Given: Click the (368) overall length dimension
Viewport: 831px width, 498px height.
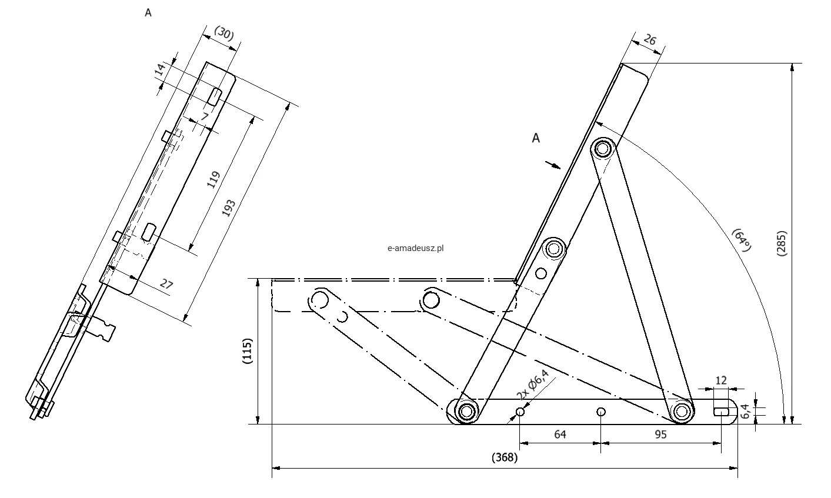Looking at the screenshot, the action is (505, 457).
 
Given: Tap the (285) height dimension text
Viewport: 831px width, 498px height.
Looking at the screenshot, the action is (781, 243).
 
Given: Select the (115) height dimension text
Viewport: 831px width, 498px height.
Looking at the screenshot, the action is (247, 351).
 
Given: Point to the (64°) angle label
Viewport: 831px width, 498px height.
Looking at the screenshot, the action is (741, 240).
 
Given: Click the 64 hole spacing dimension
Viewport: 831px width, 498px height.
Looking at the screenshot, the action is (560, 435).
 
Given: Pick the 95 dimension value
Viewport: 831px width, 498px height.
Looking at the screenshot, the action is (660, 435).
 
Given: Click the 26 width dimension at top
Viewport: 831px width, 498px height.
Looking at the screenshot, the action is (650, 39).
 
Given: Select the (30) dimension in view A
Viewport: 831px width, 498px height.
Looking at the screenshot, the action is (224, 34).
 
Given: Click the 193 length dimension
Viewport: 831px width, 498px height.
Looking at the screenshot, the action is (229, 208).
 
